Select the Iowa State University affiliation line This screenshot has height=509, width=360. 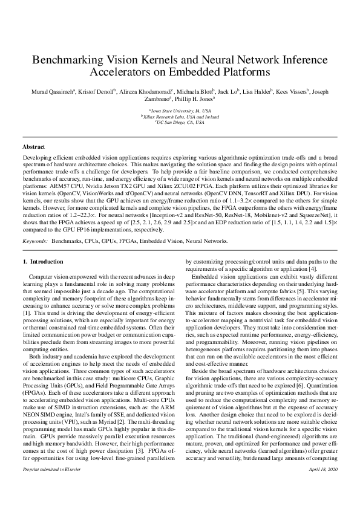180,111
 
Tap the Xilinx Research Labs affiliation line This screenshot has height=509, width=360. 180,117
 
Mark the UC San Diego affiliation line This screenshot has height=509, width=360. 180,122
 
